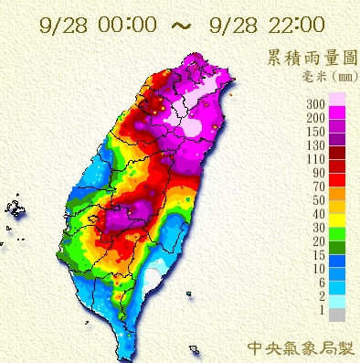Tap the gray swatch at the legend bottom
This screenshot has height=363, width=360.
(x=336, y=315)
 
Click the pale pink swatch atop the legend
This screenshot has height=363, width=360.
(x=336, y=98)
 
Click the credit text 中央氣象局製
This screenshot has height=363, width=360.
(x=299, y=347)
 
